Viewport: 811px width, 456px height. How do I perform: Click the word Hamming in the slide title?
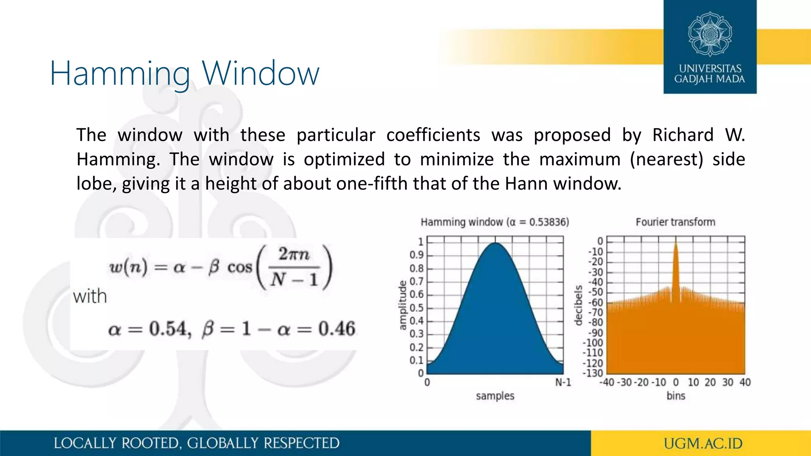(x=120, y=74)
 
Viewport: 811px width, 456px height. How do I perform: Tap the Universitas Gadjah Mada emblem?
(x=710, y=34)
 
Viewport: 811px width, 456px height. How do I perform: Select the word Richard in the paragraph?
(x=683, y=135)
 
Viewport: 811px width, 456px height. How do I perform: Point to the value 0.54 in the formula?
(x=168, y=329)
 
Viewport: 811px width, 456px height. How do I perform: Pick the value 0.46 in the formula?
(x=337, y=329)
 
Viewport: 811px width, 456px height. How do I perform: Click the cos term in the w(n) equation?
(x=240, y=268)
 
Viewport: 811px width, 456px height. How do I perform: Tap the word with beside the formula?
(x=90, y=296)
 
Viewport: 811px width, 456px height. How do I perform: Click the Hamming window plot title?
(x=495, y=222)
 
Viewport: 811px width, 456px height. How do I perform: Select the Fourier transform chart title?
(x=675, y=222)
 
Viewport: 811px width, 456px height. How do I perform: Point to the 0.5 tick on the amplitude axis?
(x=416, y=308)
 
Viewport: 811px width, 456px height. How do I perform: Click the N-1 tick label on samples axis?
(x=563, y=382)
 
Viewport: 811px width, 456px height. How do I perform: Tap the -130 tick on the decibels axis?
(x=593, y=373)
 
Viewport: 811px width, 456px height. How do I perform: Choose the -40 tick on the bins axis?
(x=607, y=382)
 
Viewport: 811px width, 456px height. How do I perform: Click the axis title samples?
(x=495, y=396)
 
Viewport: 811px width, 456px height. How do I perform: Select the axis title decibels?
(x=579, y=305)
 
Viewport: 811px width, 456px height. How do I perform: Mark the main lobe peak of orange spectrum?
(x=676, y=242)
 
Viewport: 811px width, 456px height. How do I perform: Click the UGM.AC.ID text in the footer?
(x=703, y=443)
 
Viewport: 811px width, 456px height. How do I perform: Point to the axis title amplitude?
(x=402, y=305)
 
